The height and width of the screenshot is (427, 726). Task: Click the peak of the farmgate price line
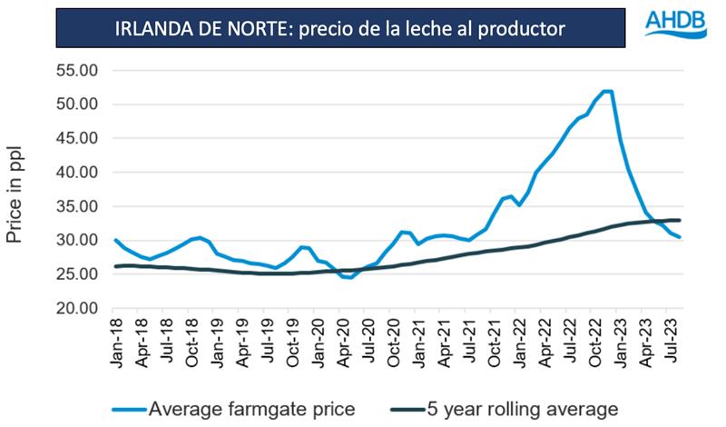click(x=606, y=91)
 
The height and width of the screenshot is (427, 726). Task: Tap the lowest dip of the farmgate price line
click(x=350, y=277)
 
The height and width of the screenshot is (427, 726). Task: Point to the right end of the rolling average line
click(x=680, y=220)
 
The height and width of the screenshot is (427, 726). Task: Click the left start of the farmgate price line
click(x=115, y=240)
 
